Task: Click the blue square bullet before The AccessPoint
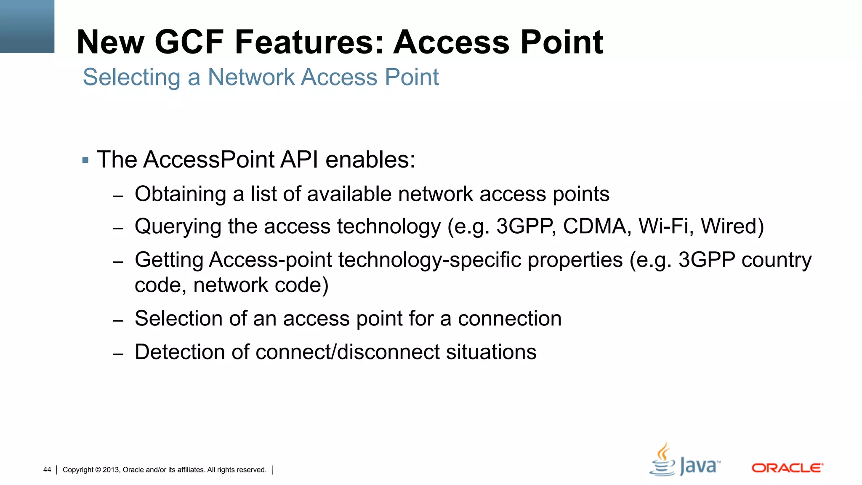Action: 85,160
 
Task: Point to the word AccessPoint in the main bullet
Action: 209,160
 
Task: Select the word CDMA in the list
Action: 597,227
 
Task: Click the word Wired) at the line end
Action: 732,227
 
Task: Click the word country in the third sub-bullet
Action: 776,260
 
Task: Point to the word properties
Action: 575,260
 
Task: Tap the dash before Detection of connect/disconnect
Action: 118,354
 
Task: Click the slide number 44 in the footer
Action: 47,470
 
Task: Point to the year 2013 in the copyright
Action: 111,470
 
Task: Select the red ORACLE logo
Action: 787,468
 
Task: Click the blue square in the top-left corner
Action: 27,26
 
